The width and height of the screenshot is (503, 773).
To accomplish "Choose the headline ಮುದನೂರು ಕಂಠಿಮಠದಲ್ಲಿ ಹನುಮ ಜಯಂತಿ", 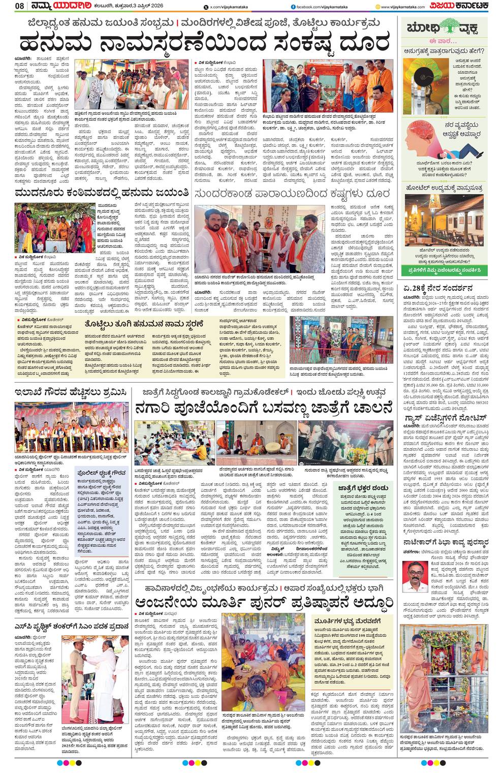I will point(102,194).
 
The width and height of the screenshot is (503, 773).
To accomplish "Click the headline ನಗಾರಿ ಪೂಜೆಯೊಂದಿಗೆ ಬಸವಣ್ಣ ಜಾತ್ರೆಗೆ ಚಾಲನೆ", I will point(263,408).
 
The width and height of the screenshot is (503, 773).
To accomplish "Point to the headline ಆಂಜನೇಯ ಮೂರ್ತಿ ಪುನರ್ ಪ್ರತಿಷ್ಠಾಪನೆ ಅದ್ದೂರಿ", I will point(263,603).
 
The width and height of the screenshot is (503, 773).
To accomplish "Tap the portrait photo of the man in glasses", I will point(415,576).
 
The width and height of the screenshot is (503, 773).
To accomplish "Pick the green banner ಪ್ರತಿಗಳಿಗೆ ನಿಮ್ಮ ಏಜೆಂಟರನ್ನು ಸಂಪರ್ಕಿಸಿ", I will point(444,269).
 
